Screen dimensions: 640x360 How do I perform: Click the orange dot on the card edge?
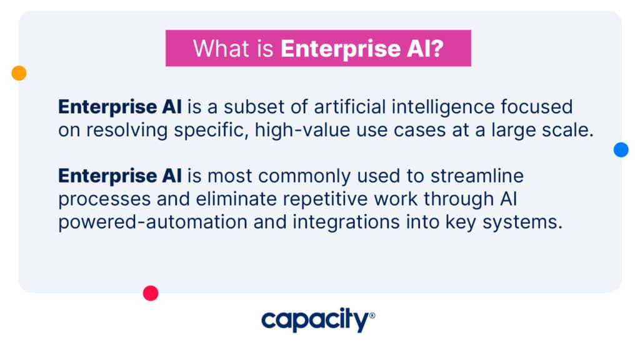coord(19,73)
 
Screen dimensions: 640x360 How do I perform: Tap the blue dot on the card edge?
coord(621,149)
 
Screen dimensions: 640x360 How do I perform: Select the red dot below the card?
coord(151,293)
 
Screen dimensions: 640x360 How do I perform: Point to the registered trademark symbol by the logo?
coord(372,316)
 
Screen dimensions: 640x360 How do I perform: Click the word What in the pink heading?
coord(221,49)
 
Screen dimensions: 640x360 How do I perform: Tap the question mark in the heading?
coord(437,49)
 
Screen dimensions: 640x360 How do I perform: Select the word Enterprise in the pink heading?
coord(341,49)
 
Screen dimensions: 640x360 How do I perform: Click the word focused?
coord(537,107)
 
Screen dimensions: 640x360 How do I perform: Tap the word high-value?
coord(302,131)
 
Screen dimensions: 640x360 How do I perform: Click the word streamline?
coord(477,176)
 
